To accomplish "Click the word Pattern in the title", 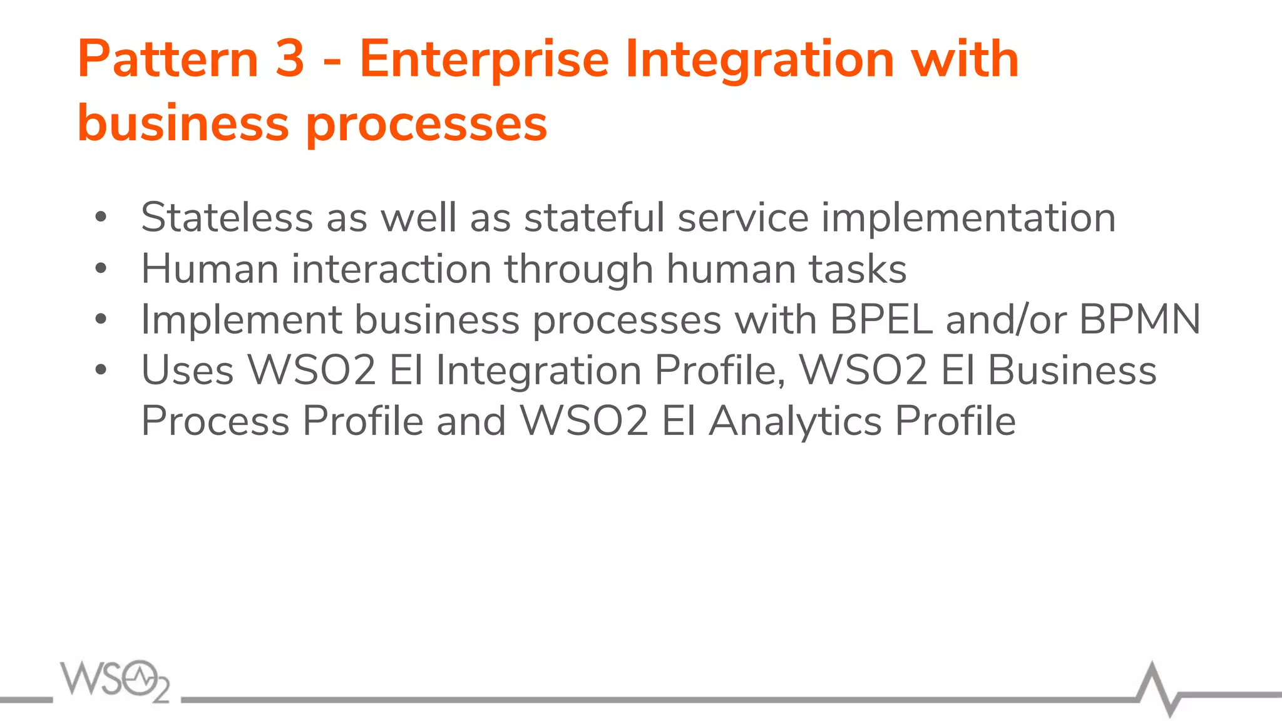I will [x=168, y=59].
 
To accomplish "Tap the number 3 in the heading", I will [x=289, y=59].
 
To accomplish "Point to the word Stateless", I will [x=227, y=218].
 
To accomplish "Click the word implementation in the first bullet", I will [x=968, y=218].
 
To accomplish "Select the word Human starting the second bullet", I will [x=210, y=269].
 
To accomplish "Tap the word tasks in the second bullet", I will [x=858, y=269].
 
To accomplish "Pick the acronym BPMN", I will [x=1139, y=319].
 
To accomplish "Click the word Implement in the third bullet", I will [x=241, y=319].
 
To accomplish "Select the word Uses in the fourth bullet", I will [x=187, y=370].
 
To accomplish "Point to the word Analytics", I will [x=796, y=421].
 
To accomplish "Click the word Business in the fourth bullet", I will [x=1072, y=370].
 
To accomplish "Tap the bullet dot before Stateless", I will [x=101, y=218].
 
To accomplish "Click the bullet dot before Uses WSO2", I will [x=101, y=370].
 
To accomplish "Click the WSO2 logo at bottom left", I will [x=115, y=680].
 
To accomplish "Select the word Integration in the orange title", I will [x=760, y=59].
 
